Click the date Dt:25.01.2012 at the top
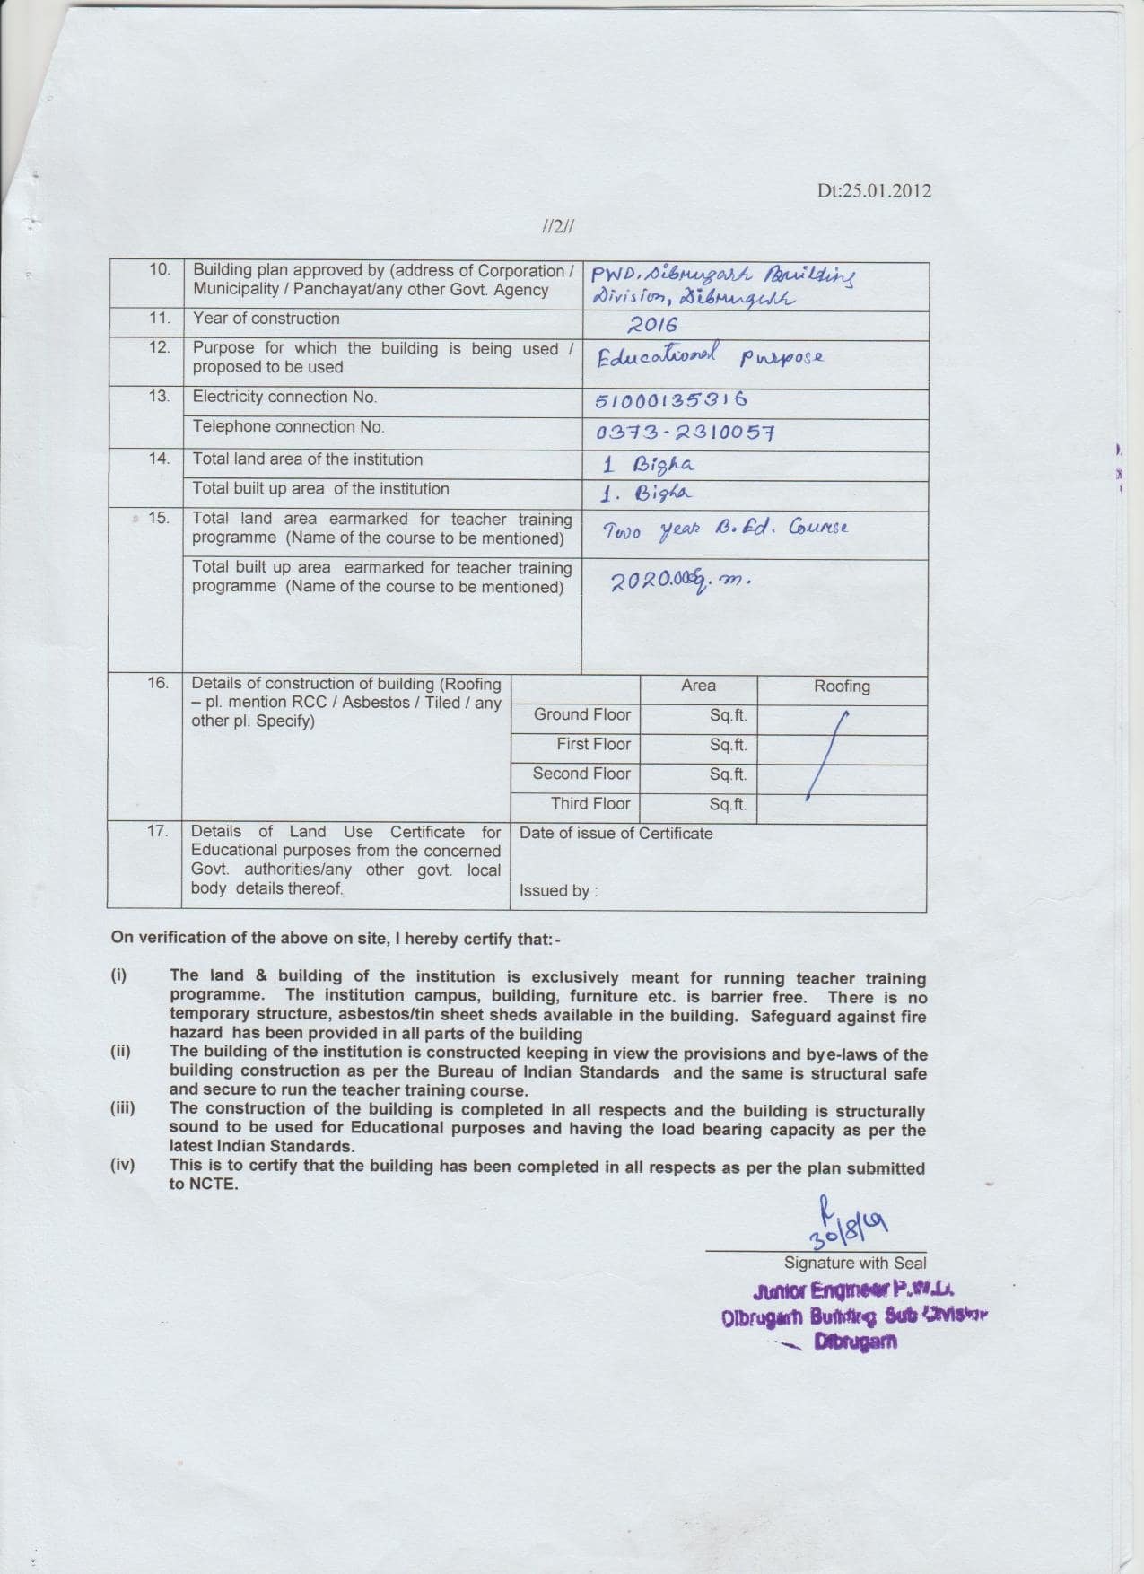pos(873,190)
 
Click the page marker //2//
pos(558,226)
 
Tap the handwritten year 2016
pos(652,325)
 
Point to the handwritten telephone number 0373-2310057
pos(685,433)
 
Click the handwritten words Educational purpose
pos(709,357)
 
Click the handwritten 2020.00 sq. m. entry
pos(679,582)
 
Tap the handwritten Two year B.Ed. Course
pos(725,529)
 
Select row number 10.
pos(159,269)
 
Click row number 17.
pos(157,831)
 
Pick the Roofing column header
pos(842,686)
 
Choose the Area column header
pos(698,686)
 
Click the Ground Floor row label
pos(581,714)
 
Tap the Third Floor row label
pos(590,803)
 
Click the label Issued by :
pos(558,890)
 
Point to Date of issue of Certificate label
pos(616,833)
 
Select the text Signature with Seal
pos(855,1263)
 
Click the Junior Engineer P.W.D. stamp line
pos(852,1291)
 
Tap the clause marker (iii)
pos(122,1108)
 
